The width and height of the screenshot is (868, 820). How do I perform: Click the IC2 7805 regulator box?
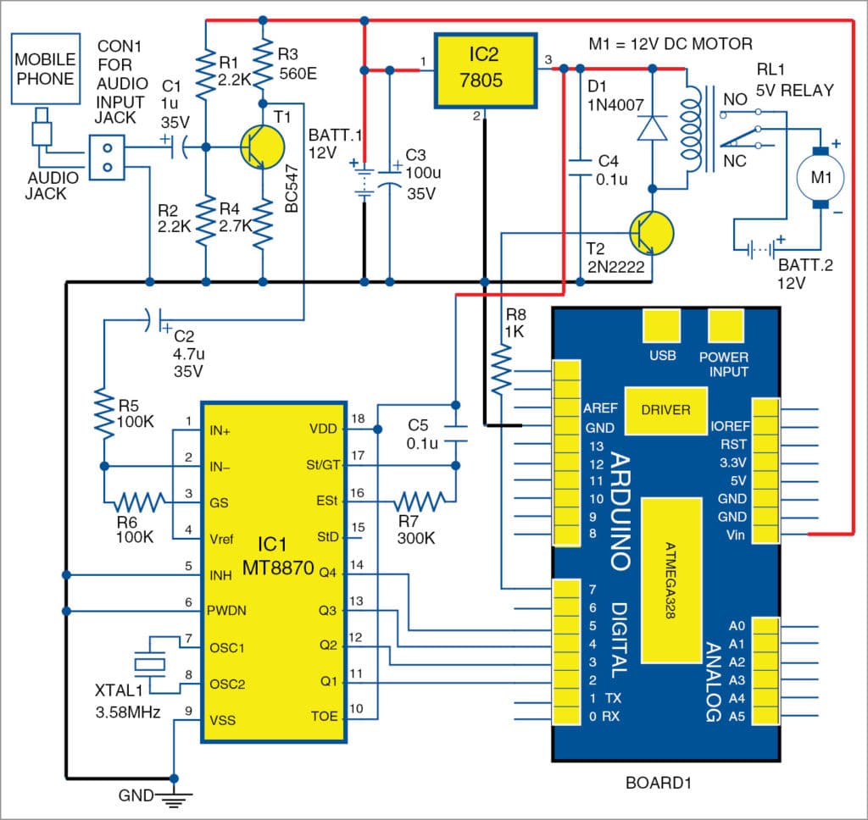tap(486, 71)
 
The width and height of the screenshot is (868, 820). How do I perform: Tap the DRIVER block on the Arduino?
tap(665, 410)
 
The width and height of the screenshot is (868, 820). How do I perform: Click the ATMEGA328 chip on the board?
tap(670, 579)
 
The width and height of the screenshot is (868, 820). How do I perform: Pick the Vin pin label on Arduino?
tap(736, 535)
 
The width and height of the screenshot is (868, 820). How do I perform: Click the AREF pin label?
tap(600, 408)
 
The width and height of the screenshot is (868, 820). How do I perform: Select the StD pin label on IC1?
tap(325, 537)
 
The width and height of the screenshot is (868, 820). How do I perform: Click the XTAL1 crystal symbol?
tap(151, 662)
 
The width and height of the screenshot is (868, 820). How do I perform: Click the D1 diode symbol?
tap(651, 127)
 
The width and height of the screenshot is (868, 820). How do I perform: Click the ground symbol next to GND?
tap(175, 796)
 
